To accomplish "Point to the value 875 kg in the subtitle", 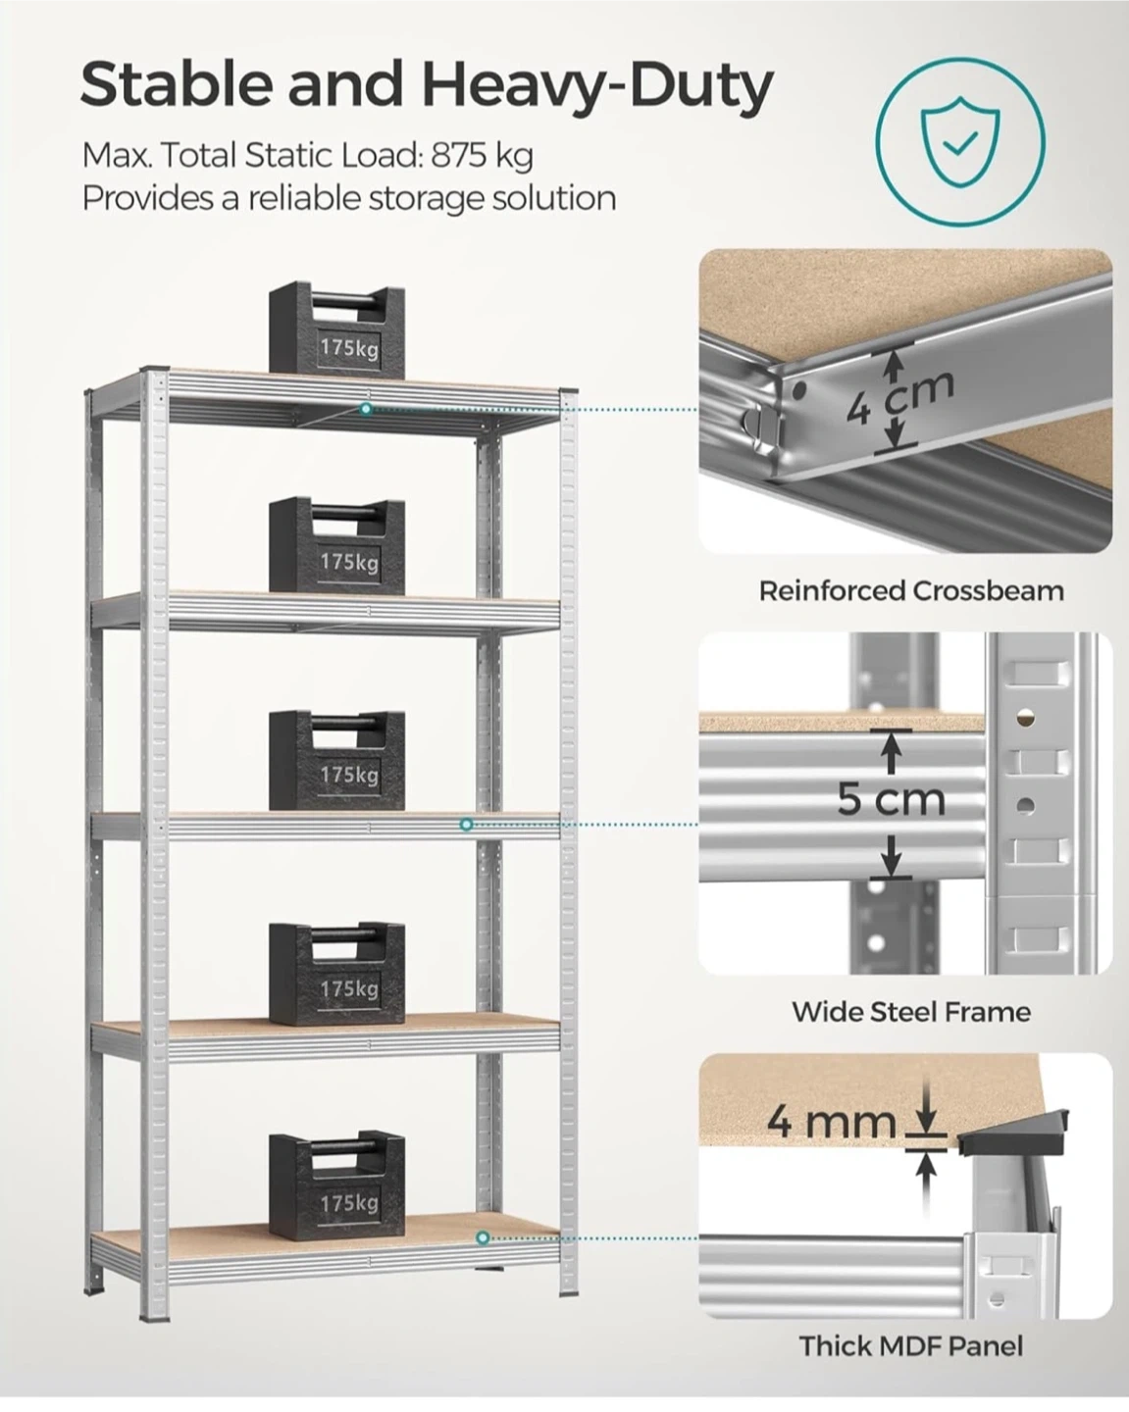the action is (483, 156).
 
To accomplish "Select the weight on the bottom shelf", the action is (336, 1186).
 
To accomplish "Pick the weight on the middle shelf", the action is (336, 761).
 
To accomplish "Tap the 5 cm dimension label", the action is (892, 800).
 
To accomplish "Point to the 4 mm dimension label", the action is (832, 1122).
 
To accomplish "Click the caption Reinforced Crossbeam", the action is (911, 591).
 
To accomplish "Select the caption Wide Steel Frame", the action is (911, 1012).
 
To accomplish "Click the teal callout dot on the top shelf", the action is (366, 409).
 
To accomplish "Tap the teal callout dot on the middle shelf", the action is (466, 825).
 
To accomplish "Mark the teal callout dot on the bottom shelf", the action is (484, 1238).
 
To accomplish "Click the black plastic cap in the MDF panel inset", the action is (1013, 1134).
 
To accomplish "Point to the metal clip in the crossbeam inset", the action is (766, 426).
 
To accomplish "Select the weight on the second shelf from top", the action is (336, 546).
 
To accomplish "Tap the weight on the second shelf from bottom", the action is (336, 974).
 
